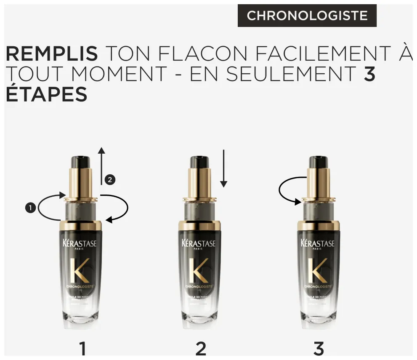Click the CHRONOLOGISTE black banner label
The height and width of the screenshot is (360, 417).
pyautogui.click(x=307, y=16)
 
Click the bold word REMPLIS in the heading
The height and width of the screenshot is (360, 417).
pyautogui.click(x=51, y=54)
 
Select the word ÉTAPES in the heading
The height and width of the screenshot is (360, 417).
pyautogui.click(x=46, y=94)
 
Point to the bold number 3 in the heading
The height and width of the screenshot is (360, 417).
pyautogui.click(x=369, y=74)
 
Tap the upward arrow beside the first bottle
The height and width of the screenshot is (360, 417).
pyautogui.click(x=101, y=166)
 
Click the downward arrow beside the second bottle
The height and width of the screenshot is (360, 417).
pyautogui.click(x=223, y=168)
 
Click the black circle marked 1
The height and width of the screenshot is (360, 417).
pyautogui.click(x=30, y=207)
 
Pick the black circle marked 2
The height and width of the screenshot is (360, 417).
pyautogui.click(x=110, y=180)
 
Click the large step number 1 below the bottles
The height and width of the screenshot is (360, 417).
pyautogui.click(x=82, y=349)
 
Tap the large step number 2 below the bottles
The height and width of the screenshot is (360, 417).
pyautogui.click(x=201, y=349)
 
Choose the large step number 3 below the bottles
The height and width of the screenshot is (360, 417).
pyautogui.click(x=319, y=349)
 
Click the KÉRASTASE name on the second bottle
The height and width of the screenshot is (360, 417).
pyautogui.click(x=199, y=244)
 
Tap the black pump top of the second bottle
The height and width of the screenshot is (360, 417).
pyautogui.click(x=199, y=162)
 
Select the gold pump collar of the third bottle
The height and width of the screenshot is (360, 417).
pyautogui.click(x=318, y=183)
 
